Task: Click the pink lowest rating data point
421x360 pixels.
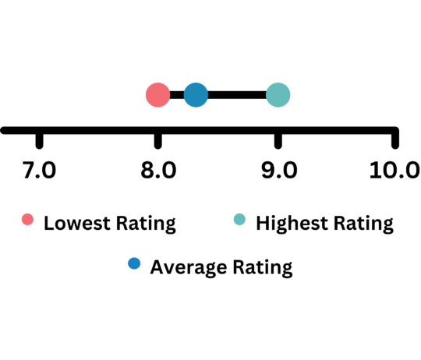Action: point(157,95)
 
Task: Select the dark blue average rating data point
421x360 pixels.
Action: point(196,95)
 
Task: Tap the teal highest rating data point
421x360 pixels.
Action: point(278,95)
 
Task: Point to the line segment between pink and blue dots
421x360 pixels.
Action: point(177,95)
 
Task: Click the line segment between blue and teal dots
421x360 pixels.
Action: point(237,95)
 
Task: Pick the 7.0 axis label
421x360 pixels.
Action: point(39,170)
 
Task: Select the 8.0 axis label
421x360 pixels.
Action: point(158,170)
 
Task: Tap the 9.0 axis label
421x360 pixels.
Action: point(279,170)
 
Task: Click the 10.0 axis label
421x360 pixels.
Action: point(394,170)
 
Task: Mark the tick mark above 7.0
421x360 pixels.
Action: point(39,140)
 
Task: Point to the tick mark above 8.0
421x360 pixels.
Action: point(157,140)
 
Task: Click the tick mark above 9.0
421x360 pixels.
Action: point(278,140)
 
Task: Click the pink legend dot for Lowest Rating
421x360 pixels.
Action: point(27,220)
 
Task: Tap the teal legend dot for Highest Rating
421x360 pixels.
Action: point(239,220)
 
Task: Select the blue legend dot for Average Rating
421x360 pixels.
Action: point(134,263)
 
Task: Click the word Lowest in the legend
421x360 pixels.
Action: point(77,223)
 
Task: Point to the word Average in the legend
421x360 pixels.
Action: point(189,268)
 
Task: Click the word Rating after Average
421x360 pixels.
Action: point(263,268)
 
